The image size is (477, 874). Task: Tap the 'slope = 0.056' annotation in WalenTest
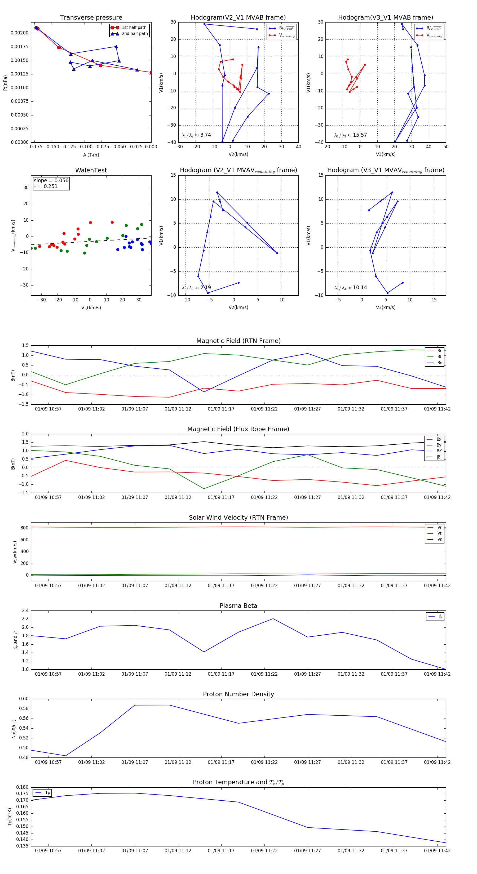click(x=51, y=181)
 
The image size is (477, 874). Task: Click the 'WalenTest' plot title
click(x=91, y=170)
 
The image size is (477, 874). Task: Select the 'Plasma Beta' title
click(x=238, y=606)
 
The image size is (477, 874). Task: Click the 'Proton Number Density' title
click(x=238, y=694)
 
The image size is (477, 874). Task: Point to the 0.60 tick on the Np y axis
click(x=24, y=699)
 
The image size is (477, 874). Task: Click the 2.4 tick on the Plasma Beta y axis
click(x=25, y=611)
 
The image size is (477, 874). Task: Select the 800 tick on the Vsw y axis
click(x=24, y=528)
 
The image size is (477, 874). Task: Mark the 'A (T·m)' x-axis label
click(x=91, y=155)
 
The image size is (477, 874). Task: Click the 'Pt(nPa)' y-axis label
click(x=5, y=83)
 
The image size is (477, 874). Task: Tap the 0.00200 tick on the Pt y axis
click(x=19, y=33)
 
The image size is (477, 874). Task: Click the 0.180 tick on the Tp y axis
click(x=23, y=787)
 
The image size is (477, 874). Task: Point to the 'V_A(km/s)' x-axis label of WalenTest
click(x=91, y=308)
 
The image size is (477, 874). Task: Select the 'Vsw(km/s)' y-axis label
click(x=15, y=552)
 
